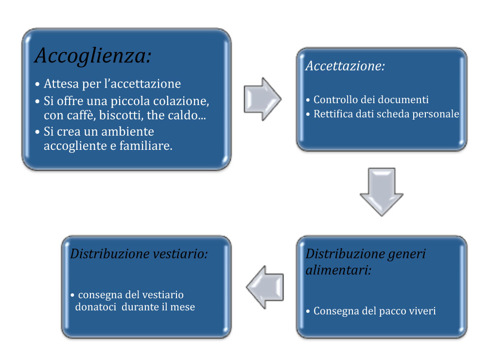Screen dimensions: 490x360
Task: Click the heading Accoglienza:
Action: coord(93,55)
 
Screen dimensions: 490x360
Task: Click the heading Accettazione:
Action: coord(345,66)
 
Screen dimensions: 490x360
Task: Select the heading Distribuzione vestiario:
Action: coord(139,253)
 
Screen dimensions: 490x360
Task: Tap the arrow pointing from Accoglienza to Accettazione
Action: coord(262,99)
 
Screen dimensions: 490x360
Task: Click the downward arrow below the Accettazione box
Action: coord(382,192)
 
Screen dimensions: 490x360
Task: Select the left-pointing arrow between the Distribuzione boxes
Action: coord(265,287)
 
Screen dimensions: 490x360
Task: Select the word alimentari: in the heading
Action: coord(338,270)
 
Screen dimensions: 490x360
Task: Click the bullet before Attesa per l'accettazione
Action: coord(37,84)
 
